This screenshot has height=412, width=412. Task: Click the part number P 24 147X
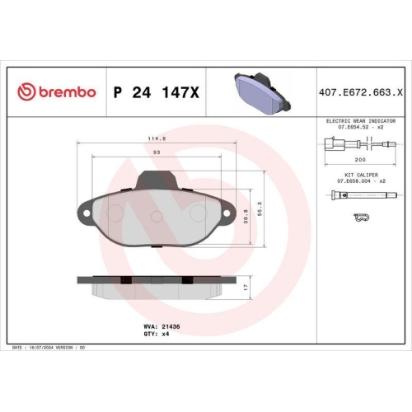(156, 91)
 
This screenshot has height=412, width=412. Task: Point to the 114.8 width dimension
(157, 139)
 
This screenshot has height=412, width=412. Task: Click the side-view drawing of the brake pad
(157, 286)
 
